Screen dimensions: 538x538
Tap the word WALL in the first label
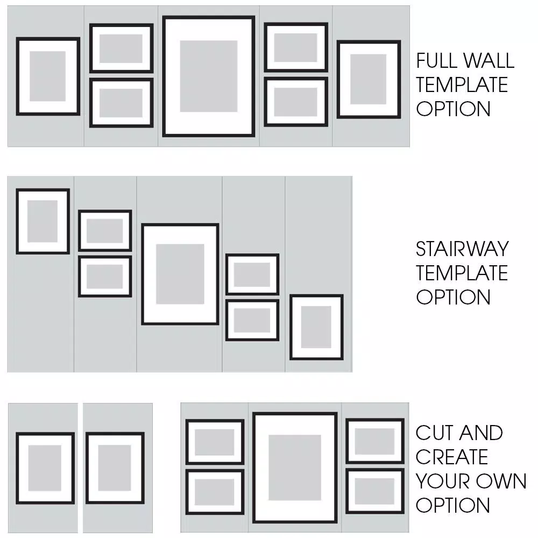pos(489,61)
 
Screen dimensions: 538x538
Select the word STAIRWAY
pos(462,249)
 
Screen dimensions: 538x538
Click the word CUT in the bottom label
pos(432,433)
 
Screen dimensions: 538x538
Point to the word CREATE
pos(451,457)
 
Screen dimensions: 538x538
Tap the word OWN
pos(502,482)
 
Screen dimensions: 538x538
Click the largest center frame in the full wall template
pos(209,76)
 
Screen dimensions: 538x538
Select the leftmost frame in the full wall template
pos(48,76)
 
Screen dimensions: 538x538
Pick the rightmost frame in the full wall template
pos(369,79)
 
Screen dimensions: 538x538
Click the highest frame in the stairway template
pos(43,221)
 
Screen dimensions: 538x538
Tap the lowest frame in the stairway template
pos(316,327)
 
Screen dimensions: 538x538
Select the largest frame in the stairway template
pos(180,274)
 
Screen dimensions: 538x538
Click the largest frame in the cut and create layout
pos(295,468)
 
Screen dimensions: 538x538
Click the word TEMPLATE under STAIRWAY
pos(462,273)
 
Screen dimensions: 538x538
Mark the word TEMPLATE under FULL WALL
pos(462,85)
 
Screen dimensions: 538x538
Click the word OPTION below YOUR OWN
pos(453,506)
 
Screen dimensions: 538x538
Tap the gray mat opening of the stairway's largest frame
pos(180,274)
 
